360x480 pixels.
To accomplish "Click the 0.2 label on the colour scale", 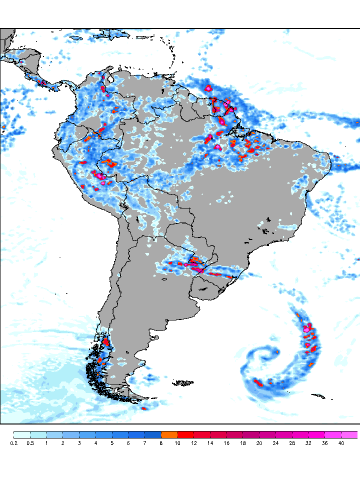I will (x=13, y=443).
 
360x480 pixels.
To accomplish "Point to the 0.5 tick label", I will (x=30, y=443).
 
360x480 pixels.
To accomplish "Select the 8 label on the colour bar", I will (x=161, y=443).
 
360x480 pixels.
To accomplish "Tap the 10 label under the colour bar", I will (x=177, y=443).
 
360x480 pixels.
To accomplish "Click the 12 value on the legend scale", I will (x=194, y=443).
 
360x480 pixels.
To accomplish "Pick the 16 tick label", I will (x=226, y=443).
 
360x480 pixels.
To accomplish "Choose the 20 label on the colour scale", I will (x=259, y=443).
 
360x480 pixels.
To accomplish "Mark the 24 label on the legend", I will (x=275, y=443).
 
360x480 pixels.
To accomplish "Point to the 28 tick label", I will (x=292, y=443).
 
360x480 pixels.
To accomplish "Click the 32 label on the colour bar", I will (x=308, y=443).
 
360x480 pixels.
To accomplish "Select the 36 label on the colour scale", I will (x=325, y=443).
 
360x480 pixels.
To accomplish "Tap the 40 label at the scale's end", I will (x=341, y=443).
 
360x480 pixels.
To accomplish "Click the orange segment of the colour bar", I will (x=169, y=434).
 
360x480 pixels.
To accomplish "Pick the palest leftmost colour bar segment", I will (x=21, y=434).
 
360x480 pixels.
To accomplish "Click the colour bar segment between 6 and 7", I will (x=136, y=434).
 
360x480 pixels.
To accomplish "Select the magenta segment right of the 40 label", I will (x=349, y=434).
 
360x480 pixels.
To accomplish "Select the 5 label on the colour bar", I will (x=112, y=443).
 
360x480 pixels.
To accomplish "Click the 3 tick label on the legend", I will (x=79, y=443).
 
